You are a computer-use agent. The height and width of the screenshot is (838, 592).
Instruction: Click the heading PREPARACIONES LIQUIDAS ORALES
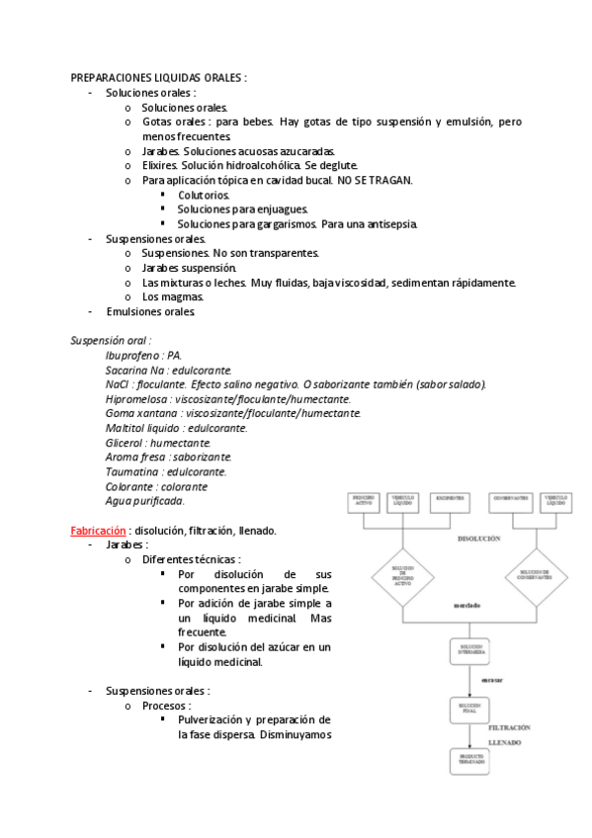click(x=158, y=77)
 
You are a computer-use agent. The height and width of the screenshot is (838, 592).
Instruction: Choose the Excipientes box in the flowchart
click(x=448, y=501)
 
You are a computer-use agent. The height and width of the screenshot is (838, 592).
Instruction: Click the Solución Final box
click(x=469, y=709)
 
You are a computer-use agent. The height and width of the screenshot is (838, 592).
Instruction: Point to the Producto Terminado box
click(x=469, y=762)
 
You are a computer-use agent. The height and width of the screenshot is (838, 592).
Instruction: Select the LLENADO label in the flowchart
click(x=505, y=741)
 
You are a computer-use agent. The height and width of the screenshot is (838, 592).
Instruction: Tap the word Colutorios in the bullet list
click(x=204, y=196)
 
